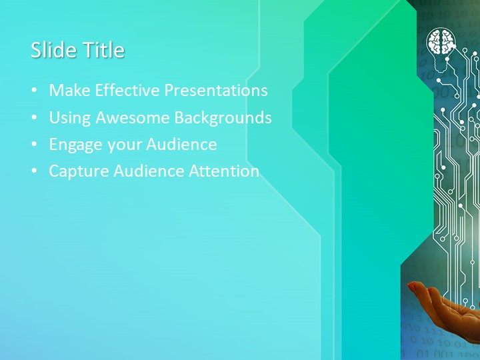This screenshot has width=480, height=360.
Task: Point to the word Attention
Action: point(224,171)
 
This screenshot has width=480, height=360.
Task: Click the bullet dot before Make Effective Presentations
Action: point(35,91)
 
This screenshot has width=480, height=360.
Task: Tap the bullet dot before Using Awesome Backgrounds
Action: point(35,119)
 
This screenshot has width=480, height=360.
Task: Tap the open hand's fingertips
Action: point(415,287)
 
